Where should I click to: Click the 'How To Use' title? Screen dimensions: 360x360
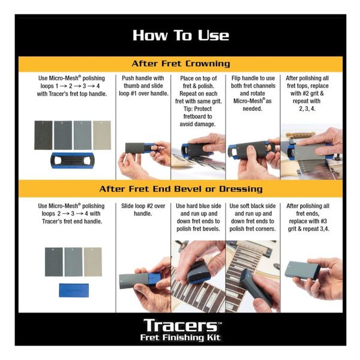(x=181, y=35)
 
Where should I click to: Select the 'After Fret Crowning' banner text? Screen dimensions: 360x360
(x=181, y=64)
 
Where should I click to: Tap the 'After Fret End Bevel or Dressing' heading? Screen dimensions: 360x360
(x=181, y=189)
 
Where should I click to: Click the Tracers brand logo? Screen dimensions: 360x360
(x=181, y=325)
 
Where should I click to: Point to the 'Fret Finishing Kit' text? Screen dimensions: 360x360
(x=181, y=337)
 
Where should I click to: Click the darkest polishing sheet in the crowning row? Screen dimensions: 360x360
(x=43, y=135)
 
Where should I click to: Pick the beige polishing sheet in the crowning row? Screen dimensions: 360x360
(x=102, y=135)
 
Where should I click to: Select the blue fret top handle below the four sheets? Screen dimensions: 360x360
(x=73, y=160)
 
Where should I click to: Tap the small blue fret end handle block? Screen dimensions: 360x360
(x=74, y=290)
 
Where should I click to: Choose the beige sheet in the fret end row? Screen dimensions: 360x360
(x=93, y=262)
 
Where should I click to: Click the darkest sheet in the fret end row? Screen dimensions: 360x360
(x=54, y=262)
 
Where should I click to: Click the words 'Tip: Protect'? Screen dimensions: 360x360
(x=197, y=109)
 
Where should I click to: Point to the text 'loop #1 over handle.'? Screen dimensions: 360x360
(x=143, y=94)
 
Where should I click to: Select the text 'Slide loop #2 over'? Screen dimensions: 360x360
(x=143, y=206)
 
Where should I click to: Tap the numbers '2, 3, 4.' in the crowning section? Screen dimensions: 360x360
(x=307, y=109)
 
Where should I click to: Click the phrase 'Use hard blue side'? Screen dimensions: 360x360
(x=199, y=206)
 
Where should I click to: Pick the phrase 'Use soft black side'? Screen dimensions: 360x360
(x=253, y=206)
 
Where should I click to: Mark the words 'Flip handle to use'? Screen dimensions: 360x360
(x=253, y=78)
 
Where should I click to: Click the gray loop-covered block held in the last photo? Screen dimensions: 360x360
(x=302, y=271)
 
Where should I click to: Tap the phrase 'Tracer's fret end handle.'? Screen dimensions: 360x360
(x=72, y=221)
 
